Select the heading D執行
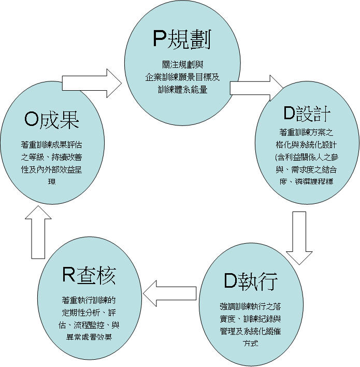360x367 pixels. (251, 281)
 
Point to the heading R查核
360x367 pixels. (89, 275)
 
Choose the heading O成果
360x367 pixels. (52, 120)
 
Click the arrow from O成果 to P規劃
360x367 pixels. (91, 82)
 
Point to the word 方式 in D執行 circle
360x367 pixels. (250, 344)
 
